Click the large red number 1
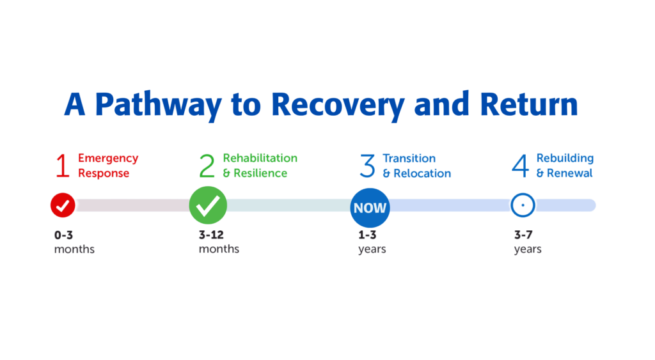pyautogui.click(x=62, y=166)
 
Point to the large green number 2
pyautogui.click(x=207, y=166)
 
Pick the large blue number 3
pyautogui.click(x=367, y=166)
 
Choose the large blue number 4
pyautogui.click(x=521, y=166)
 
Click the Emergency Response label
pyautogui.click(x=108, y=166)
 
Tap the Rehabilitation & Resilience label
pyautogui.click(x=260, y=166)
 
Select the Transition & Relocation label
pyautogui.click(x=416, y=166)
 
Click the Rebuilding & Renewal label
pyautogui.click(x=565, y=166)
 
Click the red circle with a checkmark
pyautogui.click(x=63, y=205)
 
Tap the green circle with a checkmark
pyautogui.click(x=208, y=205)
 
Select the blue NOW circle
pyautogui.click(x=370, y=207)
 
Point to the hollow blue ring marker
pyautogui.click(x=523, y=205)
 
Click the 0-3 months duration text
pyautogui.click(x=74, y=242)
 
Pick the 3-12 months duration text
pyautogui.click(x=219, y=242)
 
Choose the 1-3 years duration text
pyautogui.click(x=372, y=242)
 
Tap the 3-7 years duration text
pyautogui.click(x=528, y=242)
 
